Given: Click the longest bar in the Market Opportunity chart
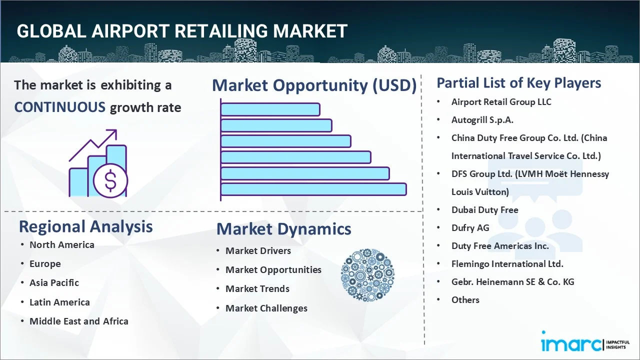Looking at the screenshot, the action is (x=313, y=189).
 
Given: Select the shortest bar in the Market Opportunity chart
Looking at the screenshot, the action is (x=270, y=109).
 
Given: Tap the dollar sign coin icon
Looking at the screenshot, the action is (x=110, y=181).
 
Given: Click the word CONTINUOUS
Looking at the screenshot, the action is (x=60, y=107).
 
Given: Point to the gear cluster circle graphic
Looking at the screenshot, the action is (x=367, y=275).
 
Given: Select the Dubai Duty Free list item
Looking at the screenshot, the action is (x=485, y=210).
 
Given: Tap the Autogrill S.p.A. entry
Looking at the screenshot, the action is (x=482, y=120).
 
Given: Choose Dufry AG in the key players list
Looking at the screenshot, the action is (x=470, y=228).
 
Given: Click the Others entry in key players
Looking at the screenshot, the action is (x=465, y=300).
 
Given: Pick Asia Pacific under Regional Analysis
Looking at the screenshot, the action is (x=54, y=283).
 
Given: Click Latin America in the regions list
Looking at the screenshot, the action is (x=59, y=302).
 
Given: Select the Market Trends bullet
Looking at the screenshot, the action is (x=257, y=289).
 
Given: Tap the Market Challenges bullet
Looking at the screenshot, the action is (x=266, y=308).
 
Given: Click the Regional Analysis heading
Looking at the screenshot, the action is (x=85, y=227).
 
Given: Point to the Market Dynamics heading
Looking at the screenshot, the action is (x=283, y=229).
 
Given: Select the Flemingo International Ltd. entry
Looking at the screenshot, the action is (x=507, y=264).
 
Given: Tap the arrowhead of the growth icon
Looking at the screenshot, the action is (x=113, y=133).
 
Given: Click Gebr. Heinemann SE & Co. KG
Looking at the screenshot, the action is (x=513, y=282).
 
